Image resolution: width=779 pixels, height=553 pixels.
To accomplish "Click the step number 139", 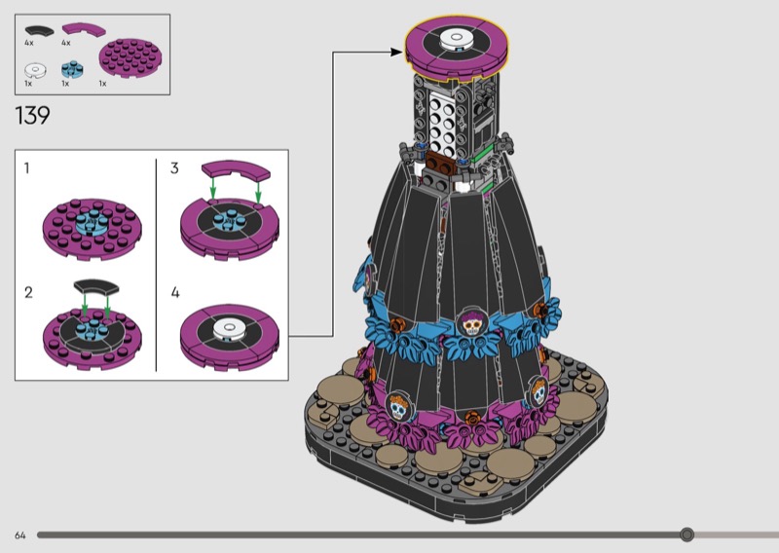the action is pyautogui.click(x=33, y=116).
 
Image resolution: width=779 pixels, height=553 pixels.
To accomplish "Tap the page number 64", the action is pyautogui.click(x=19, y=535).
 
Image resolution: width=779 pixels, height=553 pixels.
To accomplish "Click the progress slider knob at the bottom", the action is pyautogui.click(x=687, y=535).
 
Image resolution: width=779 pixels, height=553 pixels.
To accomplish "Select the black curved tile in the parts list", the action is pyautogui.click(x=39, y=31).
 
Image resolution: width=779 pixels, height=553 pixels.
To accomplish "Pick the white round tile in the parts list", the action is pyautogui.click(x=35, y=70).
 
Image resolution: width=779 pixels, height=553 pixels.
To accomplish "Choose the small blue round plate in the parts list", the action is pyautogui.click(x=72, y=69).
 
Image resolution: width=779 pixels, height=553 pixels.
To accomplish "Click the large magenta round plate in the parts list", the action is pyautogui.click(x=130, y=58).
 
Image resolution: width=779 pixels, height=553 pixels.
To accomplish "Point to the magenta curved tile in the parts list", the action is pyautogui.click(x=84, y=29).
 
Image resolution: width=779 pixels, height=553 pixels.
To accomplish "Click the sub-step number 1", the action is pyautogui.click(x=27, y=168).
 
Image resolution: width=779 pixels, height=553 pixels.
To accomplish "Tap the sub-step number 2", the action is pyautogui.click(x=28, y=293).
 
